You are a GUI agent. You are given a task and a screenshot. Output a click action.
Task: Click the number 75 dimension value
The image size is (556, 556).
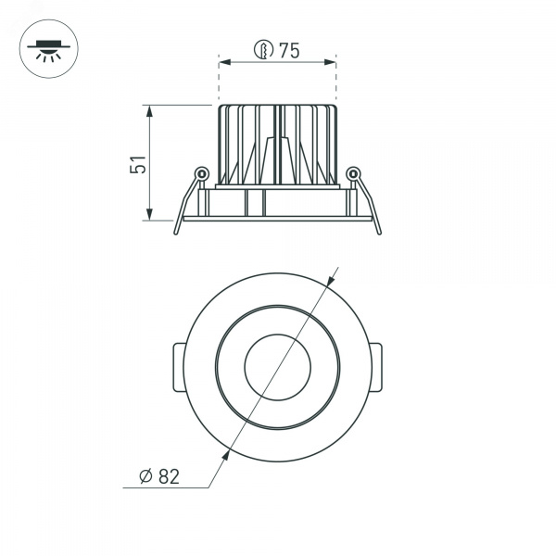click(x=289, y=50)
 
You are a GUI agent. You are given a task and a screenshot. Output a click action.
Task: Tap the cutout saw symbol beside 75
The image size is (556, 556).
click(x=264, y=49)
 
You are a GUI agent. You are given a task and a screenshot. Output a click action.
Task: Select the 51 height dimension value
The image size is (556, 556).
click(x=137, y=164)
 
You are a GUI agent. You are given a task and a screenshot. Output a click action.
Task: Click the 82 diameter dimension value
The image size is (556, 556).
click(x=169, y=476)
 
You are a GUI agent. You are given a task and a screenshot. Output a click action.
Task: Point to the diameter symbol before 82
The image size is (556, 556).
click(x=145, y=476)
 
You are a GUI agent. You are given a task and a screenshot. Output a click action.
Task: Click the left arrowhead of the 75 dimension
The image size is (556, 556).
click(x=225, y=62)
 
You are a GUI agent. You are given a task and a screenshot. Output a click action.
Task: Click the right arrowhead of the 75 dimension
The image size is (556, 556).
click(x=330, y=62)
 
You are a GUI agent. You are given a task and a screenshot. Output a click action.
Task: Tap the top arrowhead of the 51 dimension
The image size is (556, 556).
click(x=149, y=111)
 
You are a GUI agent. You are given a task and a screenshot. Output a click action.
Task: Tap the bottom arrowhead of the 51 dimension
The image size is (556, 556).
click(x=149, y=214)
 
